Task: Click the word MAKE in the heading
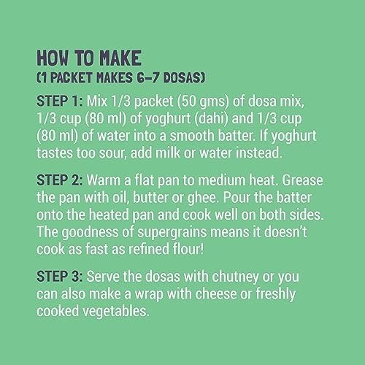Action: coord(120,58)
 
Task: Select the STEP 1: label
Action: coord(60,101)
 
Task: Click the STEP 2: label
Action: coord(60,180)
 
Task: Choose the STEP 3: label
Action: coord(60,277)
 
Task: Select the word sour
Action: coord(112,153)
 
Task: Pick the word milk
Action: coord(168,153)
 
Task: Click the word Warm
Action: coord(104,180)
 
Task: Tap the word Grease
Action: coord(302,180)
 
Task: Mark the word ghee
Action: coord(201,199)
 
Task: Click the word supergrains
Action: coord(172,233)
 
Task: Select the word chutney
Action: coord(235,277)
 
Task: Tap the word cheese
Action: coord(215,293)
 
